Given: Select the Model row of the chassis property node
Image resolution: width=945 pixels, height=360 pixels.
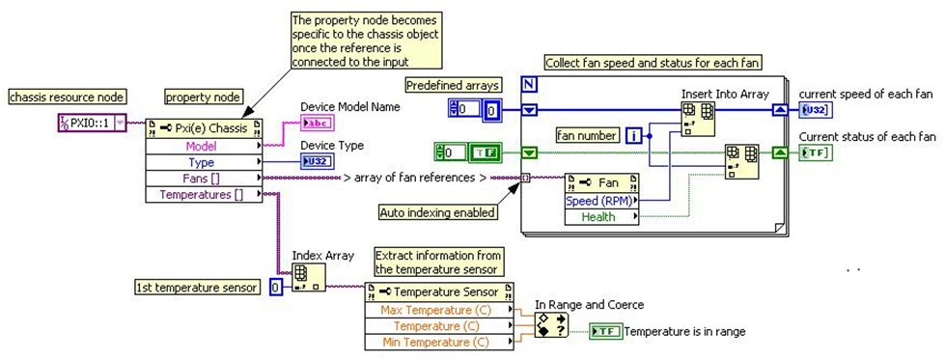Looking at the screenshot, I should click(x=203, y=146).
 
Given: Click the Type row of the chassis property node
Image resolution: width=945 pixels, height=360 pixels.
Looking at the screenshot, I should click(x=203, y=162).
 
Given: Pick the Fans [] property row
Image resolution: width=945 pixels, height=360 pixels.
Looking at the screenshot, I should click(x=203, y=179).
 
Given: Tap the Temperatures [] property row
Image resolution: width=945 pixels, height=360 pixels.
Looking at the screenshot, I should click(x=203, y=195).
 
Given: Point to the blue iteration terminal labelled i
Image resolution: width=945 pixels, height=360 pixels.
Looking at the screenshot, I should click(x=633, y=136).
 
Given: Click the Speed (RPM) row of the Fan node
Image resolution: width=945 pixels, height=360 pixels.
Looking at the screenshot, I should click(x=604, y=201).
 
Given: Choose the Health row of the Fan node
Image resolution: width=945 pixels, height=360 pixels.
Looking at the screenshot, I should click(x=604, y=217).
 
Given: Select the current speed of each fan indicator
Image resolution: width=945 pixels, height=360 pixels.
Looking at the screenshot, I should click(x=814, y=110).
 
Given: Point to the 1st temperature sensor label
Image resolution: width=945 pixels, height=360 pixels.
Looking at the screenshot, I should click(x=198, y=287).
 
